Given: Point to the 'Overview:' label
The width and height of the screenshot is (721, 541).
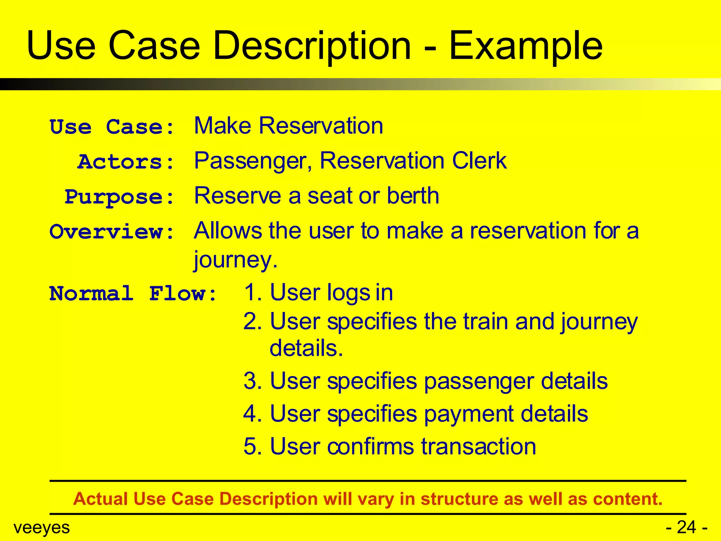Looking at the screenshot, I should point(112,232).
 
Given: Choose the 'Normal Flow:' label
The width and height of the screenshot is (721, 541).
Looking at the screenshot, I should point(133,293).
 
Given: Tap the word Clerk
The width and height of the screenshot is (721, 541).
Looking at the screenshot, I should point(479,161).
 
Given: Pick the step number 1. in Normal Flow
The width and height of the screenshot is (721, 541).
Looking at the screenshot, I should point(253,293).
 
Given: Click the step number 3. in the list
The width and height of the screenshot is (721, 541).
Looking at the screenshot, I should point(253,381).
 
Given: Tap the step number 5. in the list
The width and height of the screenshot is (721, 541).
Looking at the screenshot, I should point(253,447).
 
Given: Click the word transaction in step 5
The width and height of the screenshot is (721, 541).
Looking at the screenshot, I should point(478,447).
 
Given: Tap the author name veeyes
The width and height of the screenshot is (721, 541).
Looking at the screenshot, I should point(42,528).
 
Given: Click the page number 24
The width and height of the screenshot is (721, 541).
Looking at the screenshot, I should point(686,528).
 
